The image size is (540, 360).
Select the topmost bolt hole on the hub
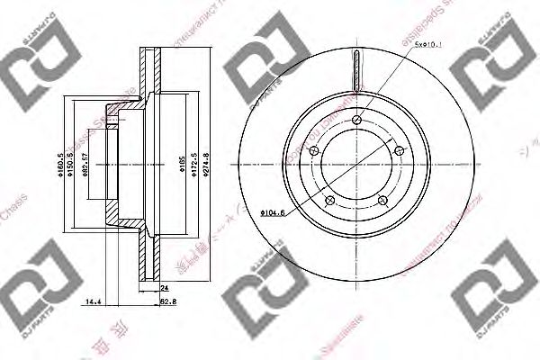pos(357,120)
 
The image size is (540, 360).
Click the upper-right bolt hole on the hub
pos(399,150)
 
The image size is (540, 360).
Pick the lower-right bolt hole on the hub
pos(382,200)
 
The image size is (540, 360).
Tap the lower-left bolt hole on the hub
pos(330,200)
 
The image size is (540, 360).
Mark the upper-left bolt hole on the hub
pos(315,150)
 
